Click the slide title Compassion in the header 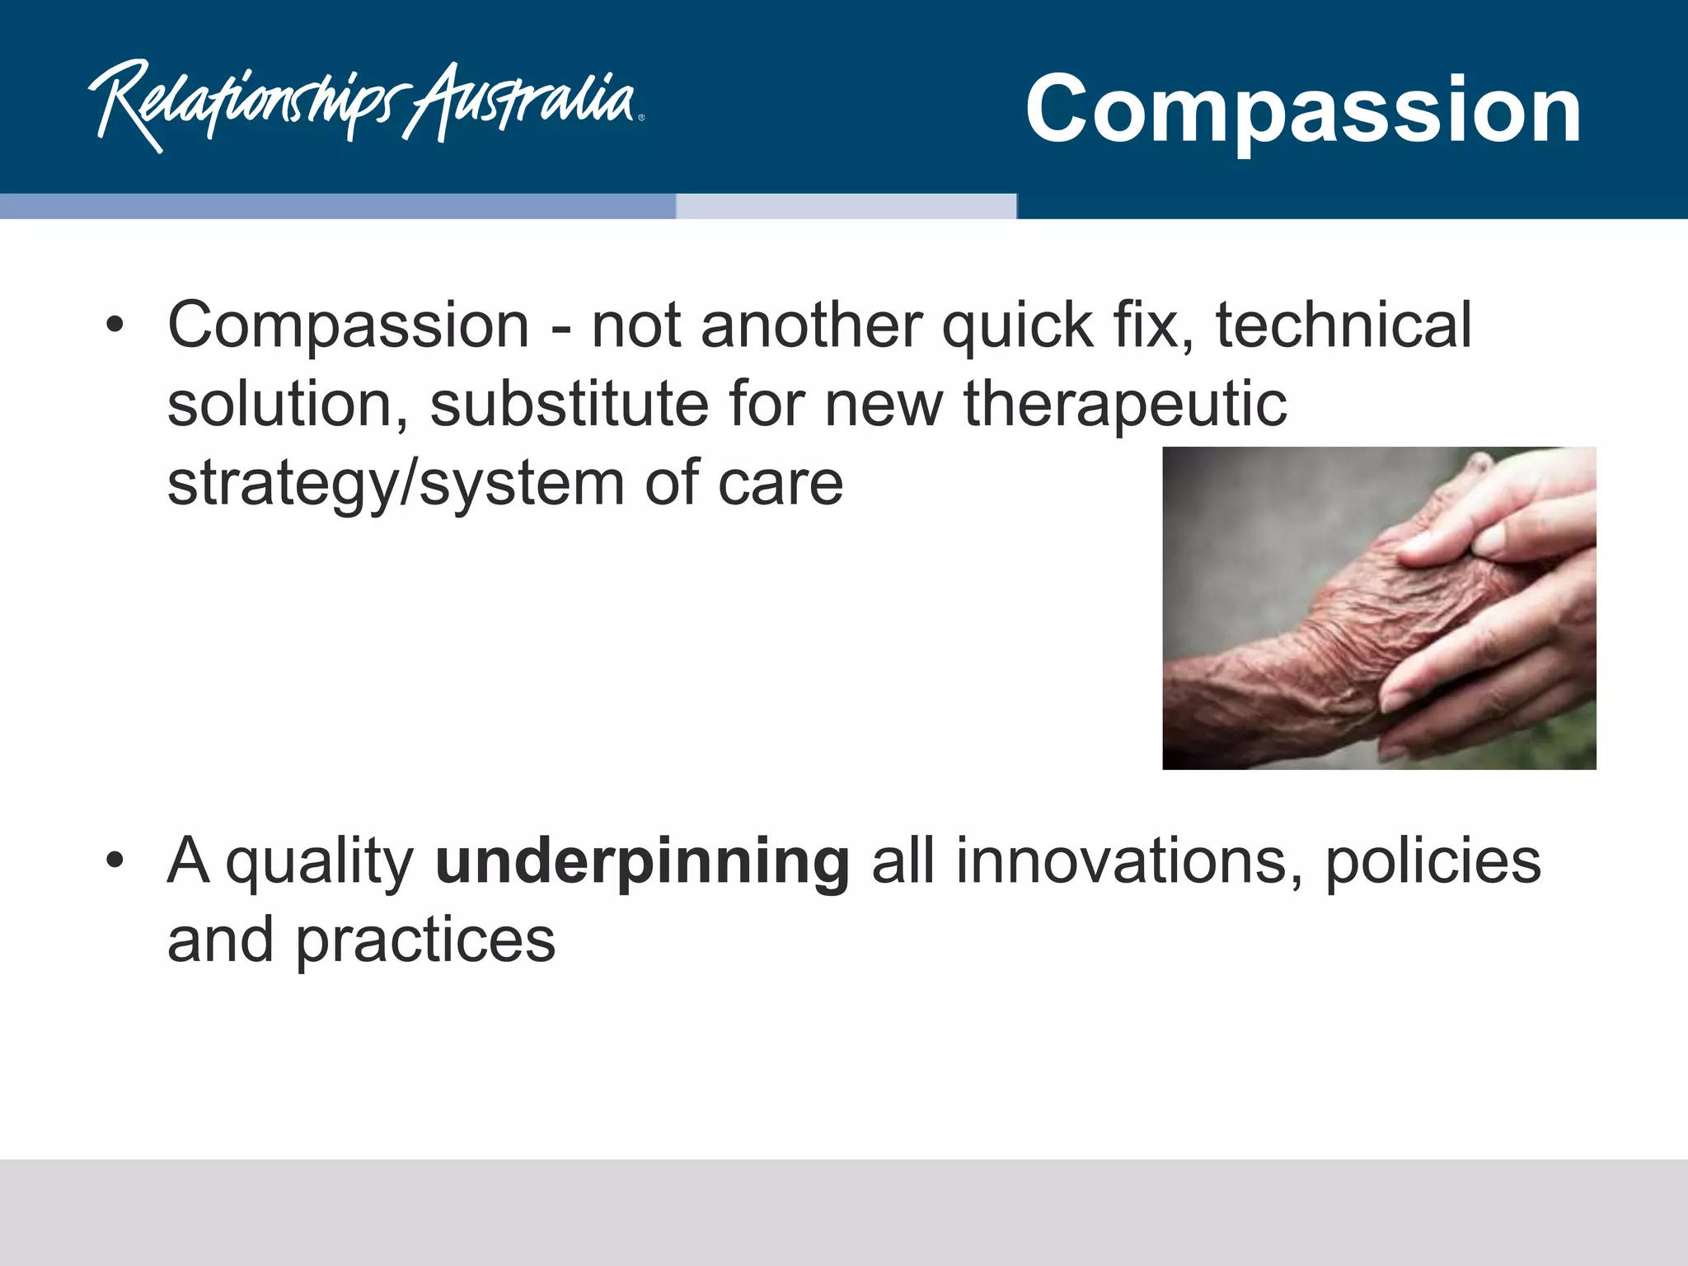pyautogui.click(x=1302, y=109)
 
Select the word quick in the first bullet pyautogui.click(x=1017, y=326)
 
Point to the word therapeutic pyautogui.click(x=1125, y=406)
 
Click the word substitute pyautogui.click(x=569, y=404)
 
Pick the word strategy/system pyautogui.click(x=396, y=485)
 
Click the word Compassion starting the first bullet pyautogui.click(x=348, y=326)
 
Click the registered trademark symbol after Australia pyautogui.click(x=641, y=118)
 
